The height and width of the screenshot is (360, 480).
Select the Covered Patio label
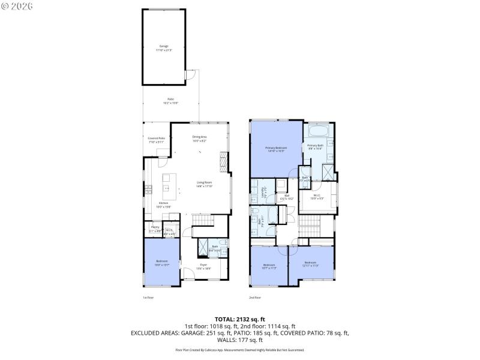pyautogui.click(x=156, y=140)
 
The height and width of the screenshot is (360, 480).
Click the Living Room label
pyautogui.click(x=205, y=184)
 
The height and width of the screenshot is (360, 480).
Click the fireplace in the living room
pyautogui.click(x=224, y=161)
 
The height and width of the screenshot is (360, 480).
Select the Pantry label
pyautogui.click(x=155, y=228)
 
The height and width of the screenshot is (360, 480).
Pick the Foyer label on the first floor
pyautogui.click(x=204, y=265)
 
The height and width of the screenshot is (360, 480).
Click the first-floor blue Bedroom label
pyautogui.click(x=161, y=262)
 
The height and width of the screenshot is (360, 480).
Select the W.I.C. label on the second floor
pyautogui.click(x=317, y=196)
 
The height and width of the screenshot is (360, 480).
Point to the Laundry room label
pyautogui.click(x=263, y=193)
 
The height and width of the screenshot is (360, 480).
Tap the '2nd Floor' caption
pyautogui.click(x=255, y=297)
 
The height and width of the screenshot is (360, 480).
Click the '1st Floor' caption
pyautogui.click(x=148, y=297)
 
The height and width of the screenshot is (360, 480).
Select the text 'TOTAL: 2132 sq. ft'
pyautogui.click(x=240, y=319)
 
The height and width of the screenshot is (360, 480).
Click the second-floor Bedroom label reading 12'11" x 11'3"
pyautogui.click(x=310, y=264)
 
